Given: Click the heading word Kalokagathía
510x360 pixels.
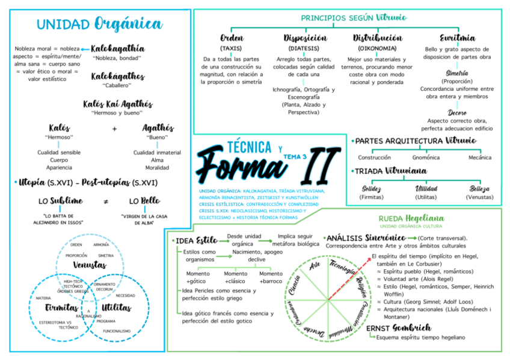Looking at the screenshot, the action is click(118, 48).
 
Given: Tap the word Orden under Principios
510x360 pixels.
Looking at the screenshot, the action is click(231, 38).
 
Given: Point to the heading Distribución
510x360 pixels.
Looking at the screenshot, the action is click(377, 38).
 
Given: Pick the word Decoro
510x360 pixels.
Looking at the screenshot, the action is click(457, 112).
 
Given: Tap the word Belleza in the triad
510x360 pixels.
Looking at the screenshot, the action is click(480, 189).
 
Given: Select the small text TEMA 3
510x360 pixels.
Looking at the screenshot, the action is click(295, 156).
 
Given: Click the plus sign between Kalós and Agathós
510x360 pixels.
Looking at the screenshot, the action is click(114, 129).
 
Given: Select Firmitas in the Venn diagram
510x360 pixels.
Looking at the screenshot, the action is click(62, 308).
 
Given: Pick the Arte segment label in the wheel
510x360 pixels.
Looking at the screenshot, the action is click(315, 266).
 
